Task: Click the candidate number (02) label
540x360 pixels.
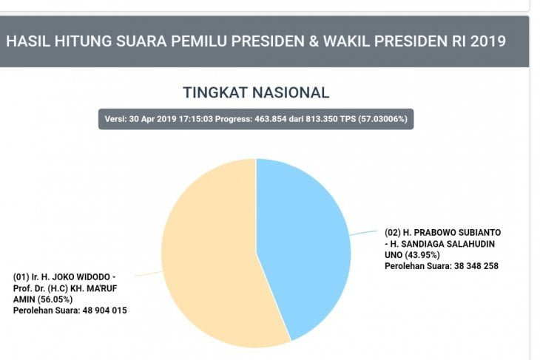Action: pos(394,232)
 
